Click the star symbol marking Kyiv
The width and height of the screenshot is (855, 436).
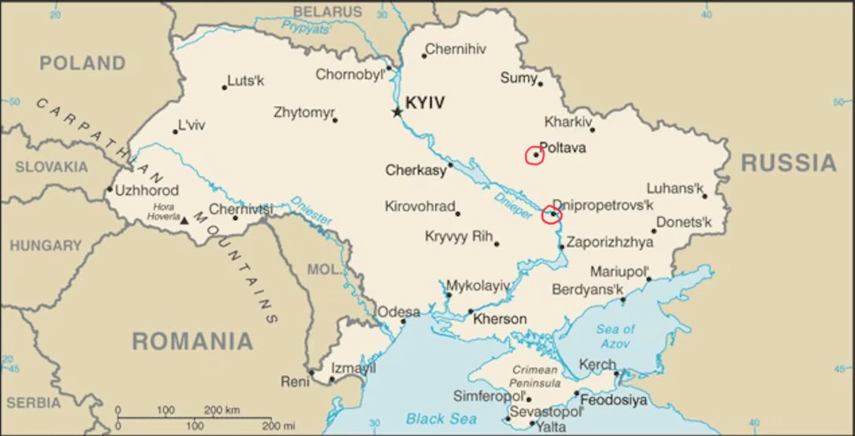(x=397, y=112)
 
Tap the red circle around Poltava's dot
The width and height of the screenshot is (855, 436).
(x=535, y=155)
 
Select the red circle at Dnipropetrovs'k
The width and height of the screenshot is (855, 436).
(x=552, y=214)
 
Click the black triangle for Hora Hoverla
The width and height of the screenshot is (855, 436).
(x=184, y=221)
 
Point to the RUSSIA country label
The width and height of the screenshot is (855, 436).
(x=788, y=163)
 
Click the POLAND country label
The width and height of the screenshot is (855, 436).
(x=83, y=64)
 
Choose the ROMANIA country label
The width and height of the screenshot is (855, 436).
(x=192, y=342)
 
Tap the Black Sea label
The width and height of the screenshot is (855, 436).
(x=441, y=419)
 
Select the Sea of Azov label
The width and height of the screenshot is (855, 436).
(x=615, y=336)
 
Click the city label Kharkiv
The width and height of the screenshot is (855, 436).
(x=567, y=122)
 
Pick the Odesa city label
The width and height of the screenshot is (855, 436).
(x=398, y=312)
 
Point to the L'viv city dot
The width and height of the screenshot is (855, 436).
(x=175, y=132)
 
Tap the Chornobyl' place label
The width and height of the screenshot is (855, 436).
(x=350, y=75)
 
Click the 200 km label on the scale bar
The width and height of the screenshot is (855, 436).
(x=222, y=410)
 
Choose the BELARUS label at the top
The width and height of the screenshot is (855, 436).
(x=328, y=12)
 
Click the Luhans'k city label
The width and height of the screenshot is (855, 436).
(x=673, y=189)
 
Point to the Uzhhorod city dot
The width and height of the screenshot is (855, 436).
(x=109, y=189)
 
